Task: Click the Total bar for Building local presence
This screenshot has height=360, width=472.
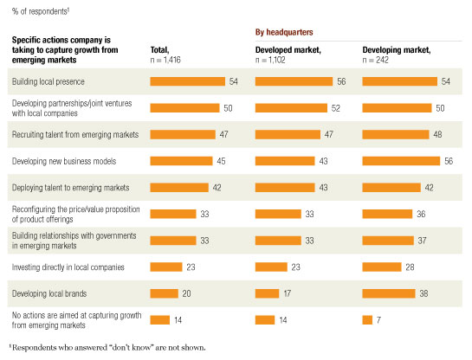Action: coord(186,81)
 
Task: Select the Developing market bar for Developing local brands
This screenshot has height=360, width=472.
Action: coord(388,293)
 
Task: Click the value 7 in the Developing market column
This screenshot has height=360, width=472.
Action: coord(379,320)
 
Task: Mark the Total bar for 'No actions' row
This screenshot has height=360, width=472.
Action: coord(159,320)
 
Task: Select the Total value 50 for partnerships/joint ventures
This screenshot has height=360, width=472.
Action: coord(228,108)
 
